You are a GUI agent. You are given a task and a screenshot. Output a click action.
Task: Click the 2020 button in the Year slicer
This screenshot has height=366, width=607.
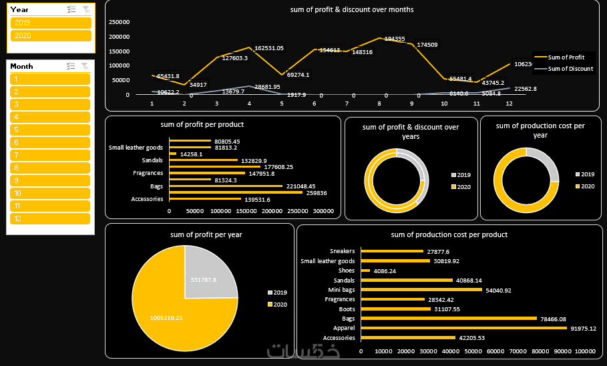(x=51, y=35)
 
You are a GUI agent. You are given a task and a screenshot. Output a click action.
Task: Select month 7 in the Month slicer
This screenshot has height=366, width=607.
(x=50, y=155)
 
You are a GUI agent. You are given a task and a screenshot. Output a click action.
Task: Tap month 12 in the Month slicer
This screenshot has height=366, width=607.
(x=50, y=218)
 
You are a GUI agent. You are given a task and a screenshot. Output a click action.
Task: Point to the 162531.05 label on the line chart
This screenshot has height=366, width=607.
(x=269, y=48)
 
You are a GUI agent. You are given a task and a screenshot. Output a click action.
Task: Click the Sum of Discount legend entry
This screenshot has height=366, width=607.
(x=570, y=69)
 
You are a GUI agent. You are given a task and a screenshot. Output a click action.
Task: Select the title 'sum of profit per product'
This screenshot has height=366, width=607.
(x=202, y=124)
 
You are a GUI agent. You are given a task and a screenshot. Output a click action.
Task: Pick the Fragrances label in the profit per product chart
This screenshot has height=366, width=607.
(x=148, y=173)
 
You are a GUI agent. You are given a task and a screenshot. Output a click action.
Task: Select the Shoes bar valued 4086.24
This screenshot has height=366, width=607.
(x=365, y=270)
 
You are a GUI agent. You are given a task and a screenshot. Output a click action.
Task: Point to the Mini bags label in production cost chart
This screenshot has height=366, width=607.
(x=341, y=290)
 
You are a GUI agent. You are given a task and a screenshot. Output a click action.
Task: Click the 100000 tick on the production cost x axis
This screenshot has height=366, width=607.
(x=585, y=351)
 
